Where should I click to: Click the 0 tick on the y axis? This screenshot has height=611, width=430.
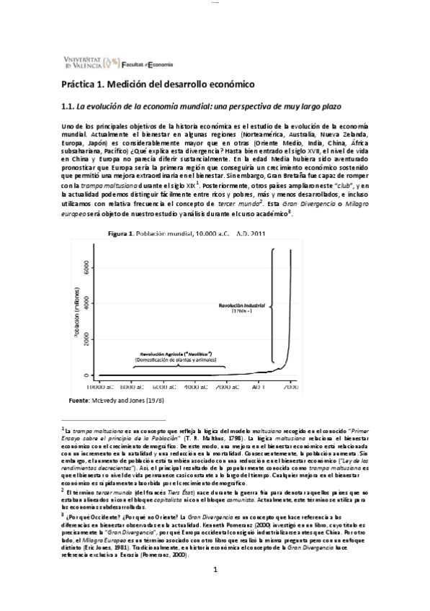tap(88, 375)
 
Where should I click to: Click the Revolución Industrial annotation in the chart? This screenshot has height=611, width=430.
tap(241, 305)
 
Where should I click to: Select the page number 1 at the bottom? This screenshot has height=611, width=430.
tap(215, 591)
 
